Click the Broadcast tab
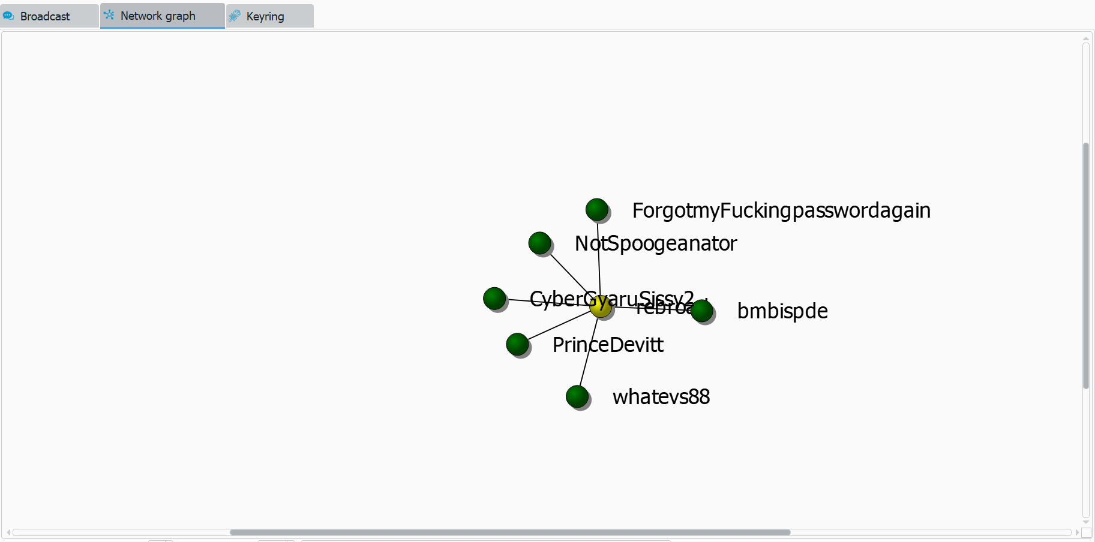pos(45,16)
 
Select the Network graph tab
pos(158,16)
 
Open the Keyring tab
pos(265,16)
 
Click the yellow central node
pos(600,306)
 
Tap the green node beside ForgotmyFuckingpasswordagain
pos(597,210)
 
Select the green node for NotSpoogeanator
pos(539,243)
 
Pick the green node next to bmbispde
pos(702,311)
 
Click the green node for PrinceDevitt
pos(517,344)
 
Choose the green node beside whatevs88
pos(577,396)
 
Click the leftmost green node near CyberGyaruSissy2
pos(494,298)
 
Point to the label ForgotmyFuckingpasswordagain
pos(781,210)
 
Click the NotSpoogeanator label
pos(656,243)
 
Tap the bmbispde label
pos(782,311)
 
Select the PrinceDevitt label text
pos(608,345)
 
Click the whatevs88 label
pos(661,397)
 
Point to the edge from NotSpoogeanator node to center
pos(568,273)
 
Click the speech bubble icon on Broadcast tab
pos(8,16)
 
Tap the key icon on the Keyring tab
pos(235,16)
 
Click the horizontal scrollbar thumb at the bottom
pos(510,532)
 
